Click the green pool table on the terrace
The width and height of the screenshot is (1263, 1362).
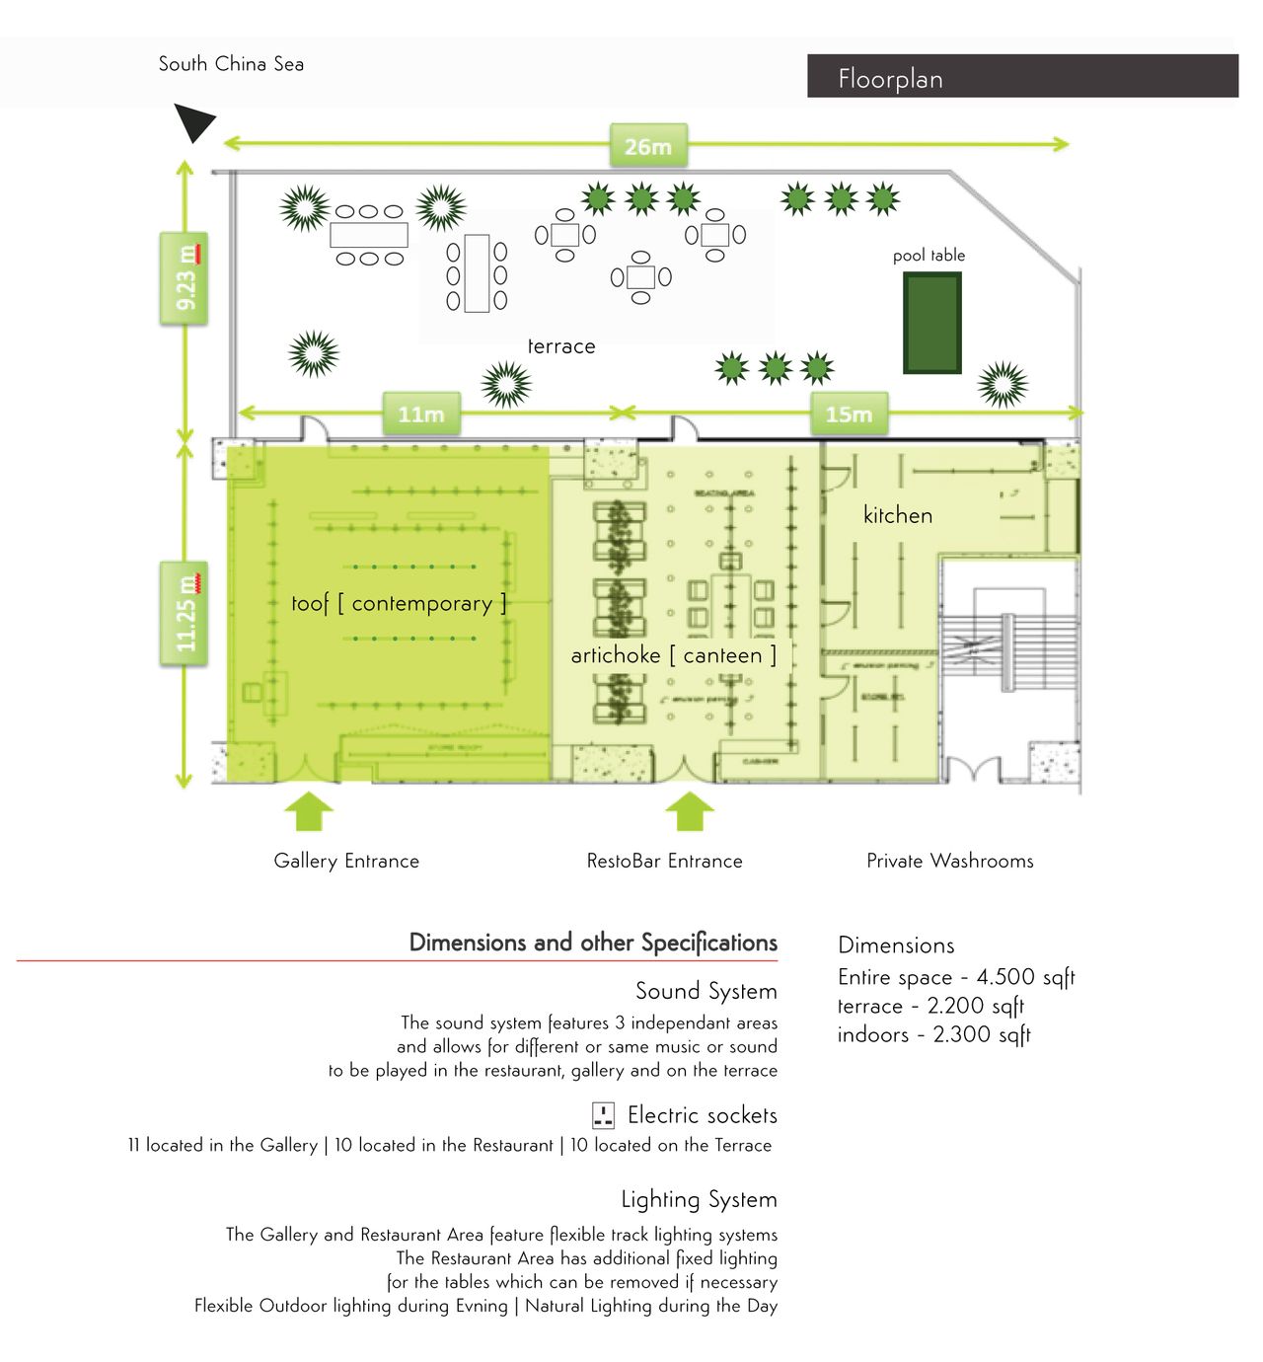[932, 323]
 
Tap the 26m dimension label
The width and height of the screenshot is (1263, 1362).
[647, 147]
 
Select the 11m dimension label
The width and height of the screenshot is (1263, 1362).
[421, 415]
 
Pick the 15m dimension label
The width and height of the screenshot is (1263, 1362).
[849, 415]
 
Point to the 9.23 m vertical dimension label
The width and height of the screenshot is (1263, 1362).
[185, 278]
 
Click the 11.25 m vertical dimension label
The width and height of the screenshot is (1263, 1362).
[185, 614]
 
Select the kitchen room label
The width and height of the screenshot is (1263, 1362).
[897, 515]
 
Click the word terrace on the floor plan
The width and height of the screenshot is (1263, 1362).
[561, 346]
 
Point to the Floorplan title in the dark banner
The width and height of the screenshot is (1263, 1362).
[890, 79]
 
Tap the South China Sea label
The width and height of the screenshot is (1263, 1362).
[231, 64]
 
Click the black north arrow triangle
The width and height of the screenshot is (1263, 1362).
[193, 121]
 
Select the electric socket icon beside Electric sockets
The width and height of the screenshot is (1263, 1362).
[603, 1115]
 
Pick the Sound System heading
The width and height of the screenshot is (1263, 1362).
[706, 991]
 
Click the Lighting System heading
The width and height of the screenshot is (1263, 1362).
[699, 1199]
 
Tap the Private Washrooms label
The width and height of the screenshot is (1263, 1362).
[949, 861]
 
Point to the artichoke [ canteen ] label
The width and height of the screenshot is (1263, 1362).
[673, 655]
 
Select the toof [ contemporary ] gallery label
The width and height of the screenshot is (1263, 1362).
[399, 603]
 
